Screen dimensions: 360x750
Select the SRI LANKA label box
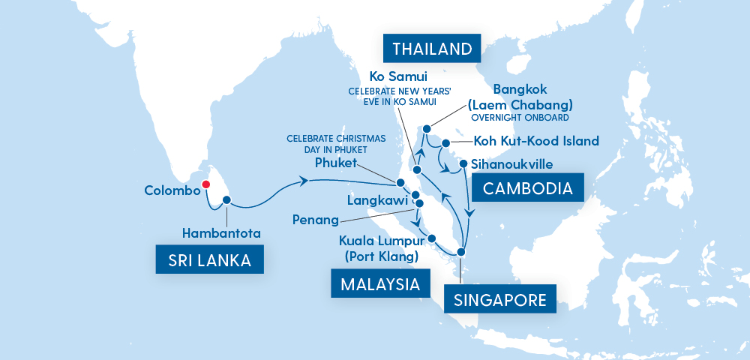(202, 260)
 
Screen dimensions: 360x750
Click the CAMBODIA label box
(532, 187)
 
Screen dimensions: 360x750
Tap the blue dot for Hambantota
(226, 200)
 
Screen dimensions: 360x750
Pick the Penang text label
(316, 220)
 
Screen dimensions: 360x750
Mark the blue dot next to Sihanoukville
(464, 163)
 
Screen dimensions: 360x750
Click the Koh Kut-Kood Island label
(536, 140)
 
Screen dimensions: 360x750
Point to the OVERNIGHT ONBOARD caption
(519, 118)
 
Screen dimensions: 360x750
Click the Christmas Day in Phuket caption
(335, 144)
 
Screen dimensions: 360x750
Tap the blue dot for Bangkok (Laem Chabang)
(427, 128)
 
